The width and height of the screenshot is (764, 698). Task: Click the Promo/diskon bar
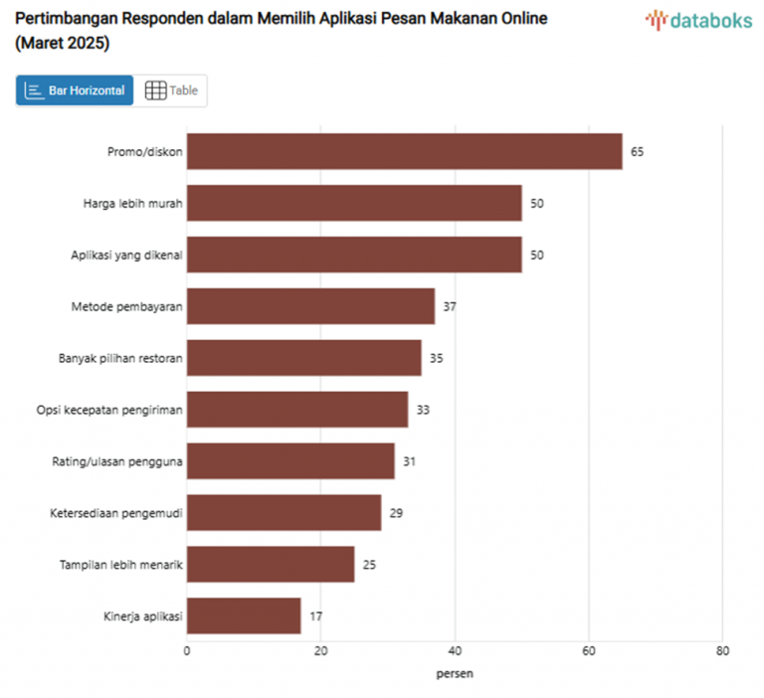(404, 151)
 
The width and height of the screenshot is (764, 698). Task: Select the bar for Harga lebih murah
(354, 203)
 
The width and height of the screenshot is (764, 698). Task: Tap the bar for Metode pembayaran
(310, 306)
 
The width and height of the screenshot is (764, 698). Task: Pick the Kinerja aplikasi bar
(244, 615)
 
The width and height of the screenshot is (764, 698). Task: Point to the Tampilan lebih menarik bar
(271, 564)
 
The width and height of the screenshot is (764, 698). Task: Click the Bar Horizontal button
(75, 90)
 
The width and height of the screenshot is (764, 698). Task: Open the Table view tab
(171, 90)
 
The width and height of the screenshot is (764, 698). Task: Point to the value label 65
(637, 152)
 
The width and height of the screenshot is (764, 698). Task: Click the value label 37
(450, 306)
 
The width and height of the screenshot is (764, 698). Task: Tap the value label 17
(315, 616)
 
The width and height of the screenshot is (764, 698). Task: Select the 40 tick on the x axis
(455, 651)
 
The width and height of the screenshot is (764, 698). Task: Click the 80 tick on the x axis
(722, 651)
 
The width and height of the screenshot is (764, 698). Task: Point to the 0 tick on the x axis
(187, 651)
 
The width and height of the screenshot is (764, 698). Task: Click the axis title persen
(455, 673)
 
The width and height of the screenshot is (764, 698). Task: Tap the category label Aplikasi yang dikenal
(126, 255)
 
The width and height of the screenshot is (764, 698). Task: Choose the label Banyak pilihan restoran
(120, 358)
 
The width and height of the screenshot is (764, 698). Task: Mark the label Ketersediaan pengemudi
(116, 513)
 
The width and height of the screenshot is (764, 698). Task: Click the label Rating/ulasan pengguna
(117, 461)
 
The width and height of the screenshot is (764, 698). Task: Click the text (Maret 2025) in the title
(63, 45)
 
